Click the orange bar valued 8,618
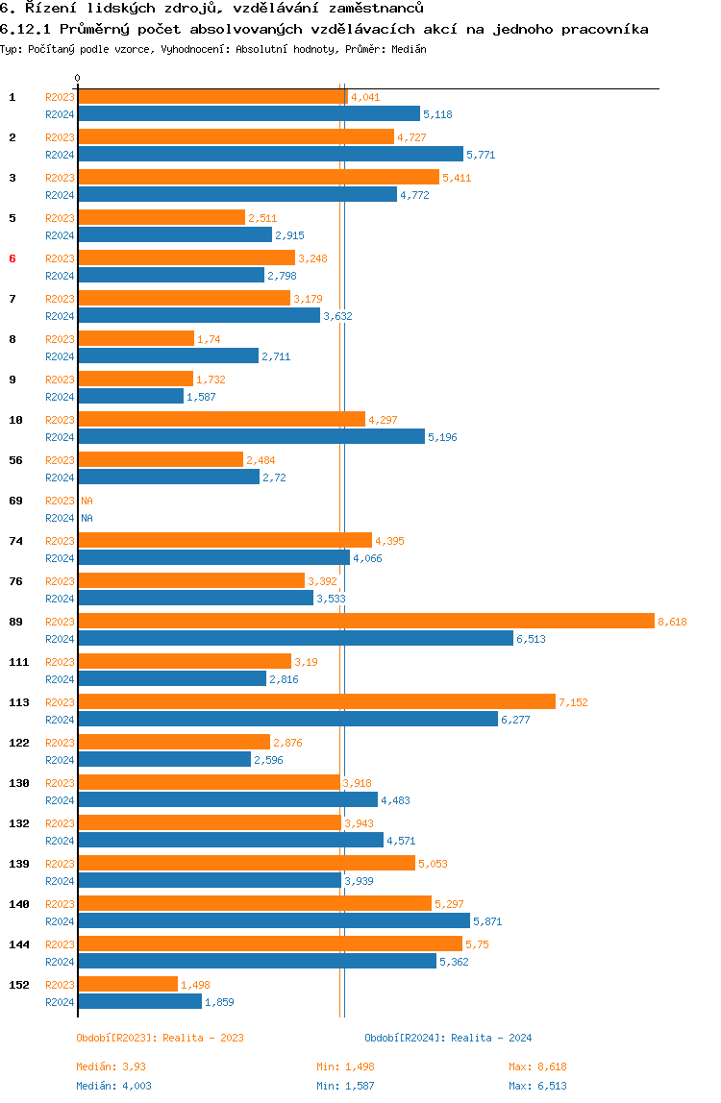[366, 621]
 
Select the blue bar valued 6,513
[296, 639]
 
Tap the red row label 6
[12, 258]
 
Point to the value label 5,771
[481, 155]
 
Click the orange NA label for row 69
[87, 501]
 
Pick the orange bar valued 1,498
[128, 984]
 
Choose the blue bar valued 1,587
[131, 397]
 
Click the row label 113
[19, 702]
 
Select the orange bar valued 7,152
[317, 702]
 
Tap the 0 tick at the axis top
[78, 78]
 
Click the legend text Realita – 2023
[204, 1038]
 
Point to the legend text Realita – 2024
[491, 1038]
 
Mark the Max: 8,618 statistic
[537, 1066]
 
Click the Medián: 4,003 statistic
[114, 1086]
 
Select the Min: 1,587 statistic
[345, 1086]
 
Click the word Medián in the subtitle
[409, 49]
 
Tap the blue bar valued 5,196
[251, 437]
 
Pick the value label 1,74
[210, 339]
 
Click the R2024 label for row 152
[60, 1002]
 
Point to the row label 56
[15, 460]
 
